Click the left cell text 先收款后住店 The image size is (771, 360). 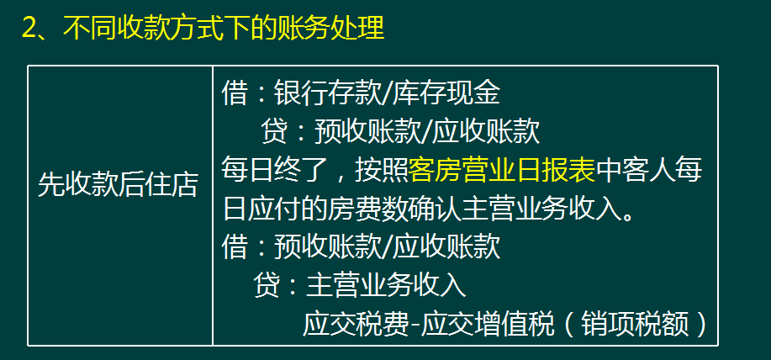tap(119, 186)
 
